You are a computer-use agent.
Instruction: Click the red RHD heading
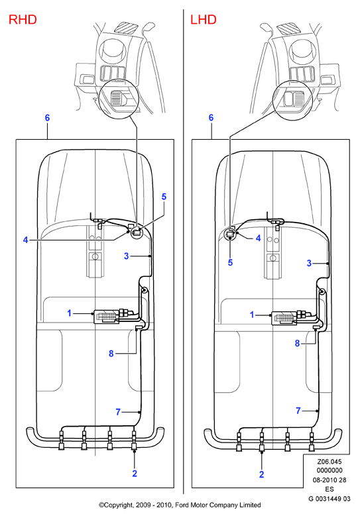(23, 19)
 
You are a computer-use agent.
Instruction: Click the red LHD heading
(204, 19)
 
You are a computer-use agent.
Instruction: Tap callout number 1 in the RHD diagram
(70, 313)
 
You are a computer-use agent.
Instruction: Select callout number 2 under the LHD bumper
(261, 474)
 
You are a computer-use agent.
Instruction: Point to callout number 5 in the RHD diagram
(164, 197)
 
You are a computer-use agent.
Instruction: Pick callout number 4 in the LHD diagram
(258, 238)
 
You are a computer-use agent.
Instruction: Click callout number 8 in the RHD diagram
(111, 354)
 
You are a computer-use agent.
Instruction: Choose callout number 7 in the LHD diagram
(298, 411)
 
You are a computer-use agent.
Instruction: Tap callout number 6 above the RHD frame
(47, 118)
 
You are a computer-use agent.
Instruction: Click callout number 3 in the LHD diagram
(309, 263)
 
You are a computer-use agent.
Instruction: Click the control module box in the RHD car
(107, 317)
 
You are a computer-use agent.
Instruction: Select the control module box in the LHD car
(284, 318)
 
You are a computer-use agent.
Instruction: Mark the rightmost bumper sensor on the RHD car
(134, 441)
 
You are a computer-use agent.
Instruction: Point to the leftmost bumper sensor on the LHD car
(239, 442)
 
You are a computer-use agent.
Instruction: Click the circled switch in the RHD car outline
(136, 233)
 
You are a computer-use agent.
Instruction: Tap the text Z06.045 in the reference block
(330, 462)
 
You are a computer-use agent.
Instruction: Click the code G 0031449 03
(330, 499)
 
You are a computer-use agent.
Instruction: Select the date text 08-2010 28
(330, 480)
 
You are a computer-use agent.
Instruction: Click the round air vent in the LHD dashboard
(300, 50)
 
